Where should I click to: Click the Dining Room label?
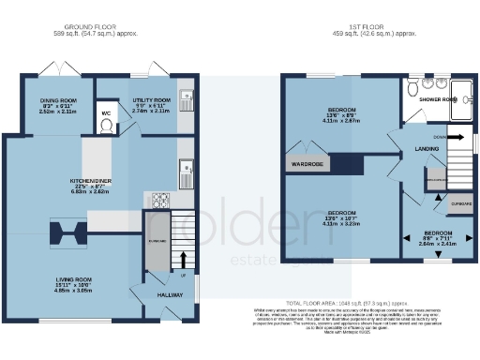[57, 100]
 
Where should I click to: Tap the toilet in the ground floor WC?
[106, 128]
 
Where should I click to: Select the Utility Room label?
[151, 99]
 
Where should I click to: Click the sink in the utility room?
[186, 95]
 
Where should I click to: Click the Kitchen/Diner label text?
[91, 177]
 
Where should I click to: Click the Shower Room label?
[437, 98]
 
